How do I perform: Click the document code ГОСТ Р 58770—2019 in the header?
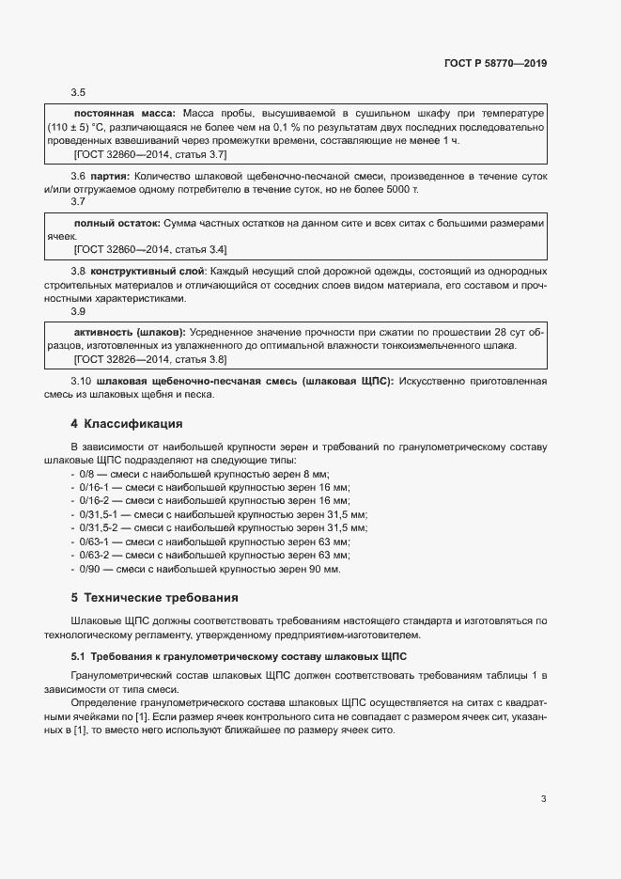click(x=494, y=63)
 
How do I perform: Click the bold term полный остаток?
click(x=117, y=223)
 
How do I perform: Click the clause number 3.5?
click(x=79, y=92)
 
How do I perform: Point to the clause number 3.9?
click(x=79, y=311)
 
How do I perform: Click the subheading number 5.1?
click(x=78, y=655)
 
